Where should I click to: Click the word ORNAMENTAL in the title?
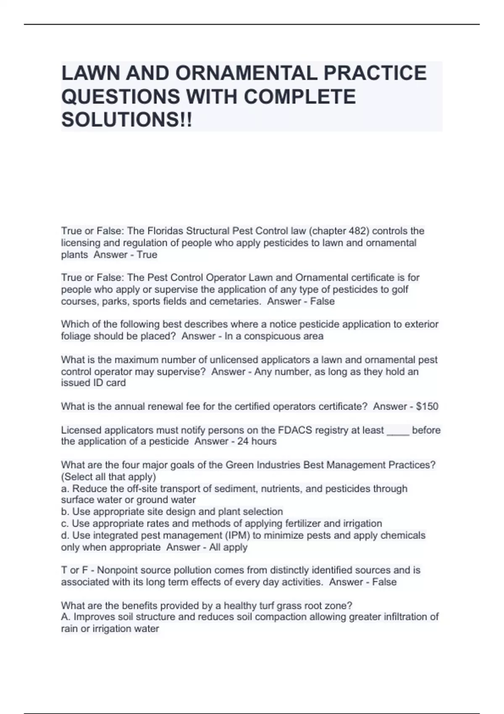pos(246,73)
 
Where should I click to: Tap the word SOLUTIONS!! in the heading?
pos(126,120)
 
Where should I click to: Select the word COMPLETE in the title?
pos(299,97)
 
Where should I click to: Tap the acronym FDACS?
pos(295,430)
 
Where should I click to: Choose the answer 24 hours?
pos(257,441)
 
